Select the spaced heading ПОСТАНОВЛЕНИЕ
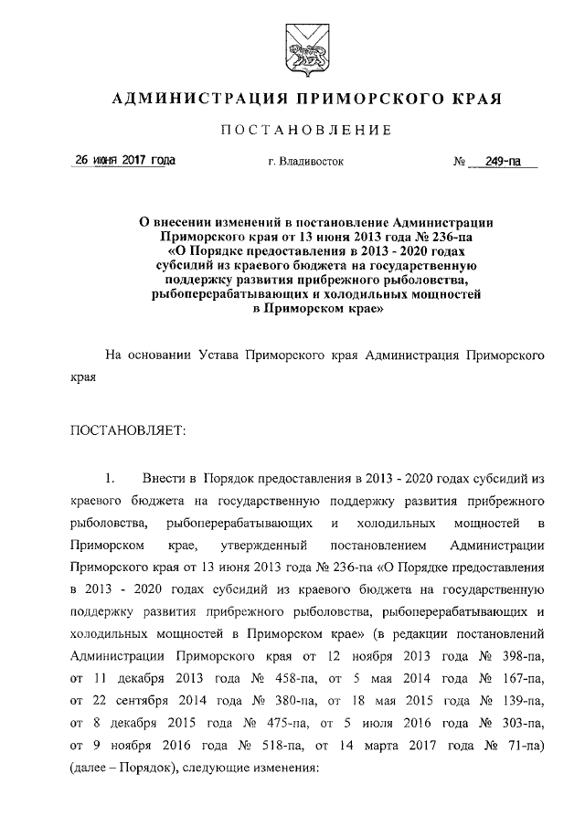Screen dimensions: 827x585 pos(306,132)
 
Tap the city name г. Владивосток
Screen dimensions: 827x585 pos(305,163)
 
